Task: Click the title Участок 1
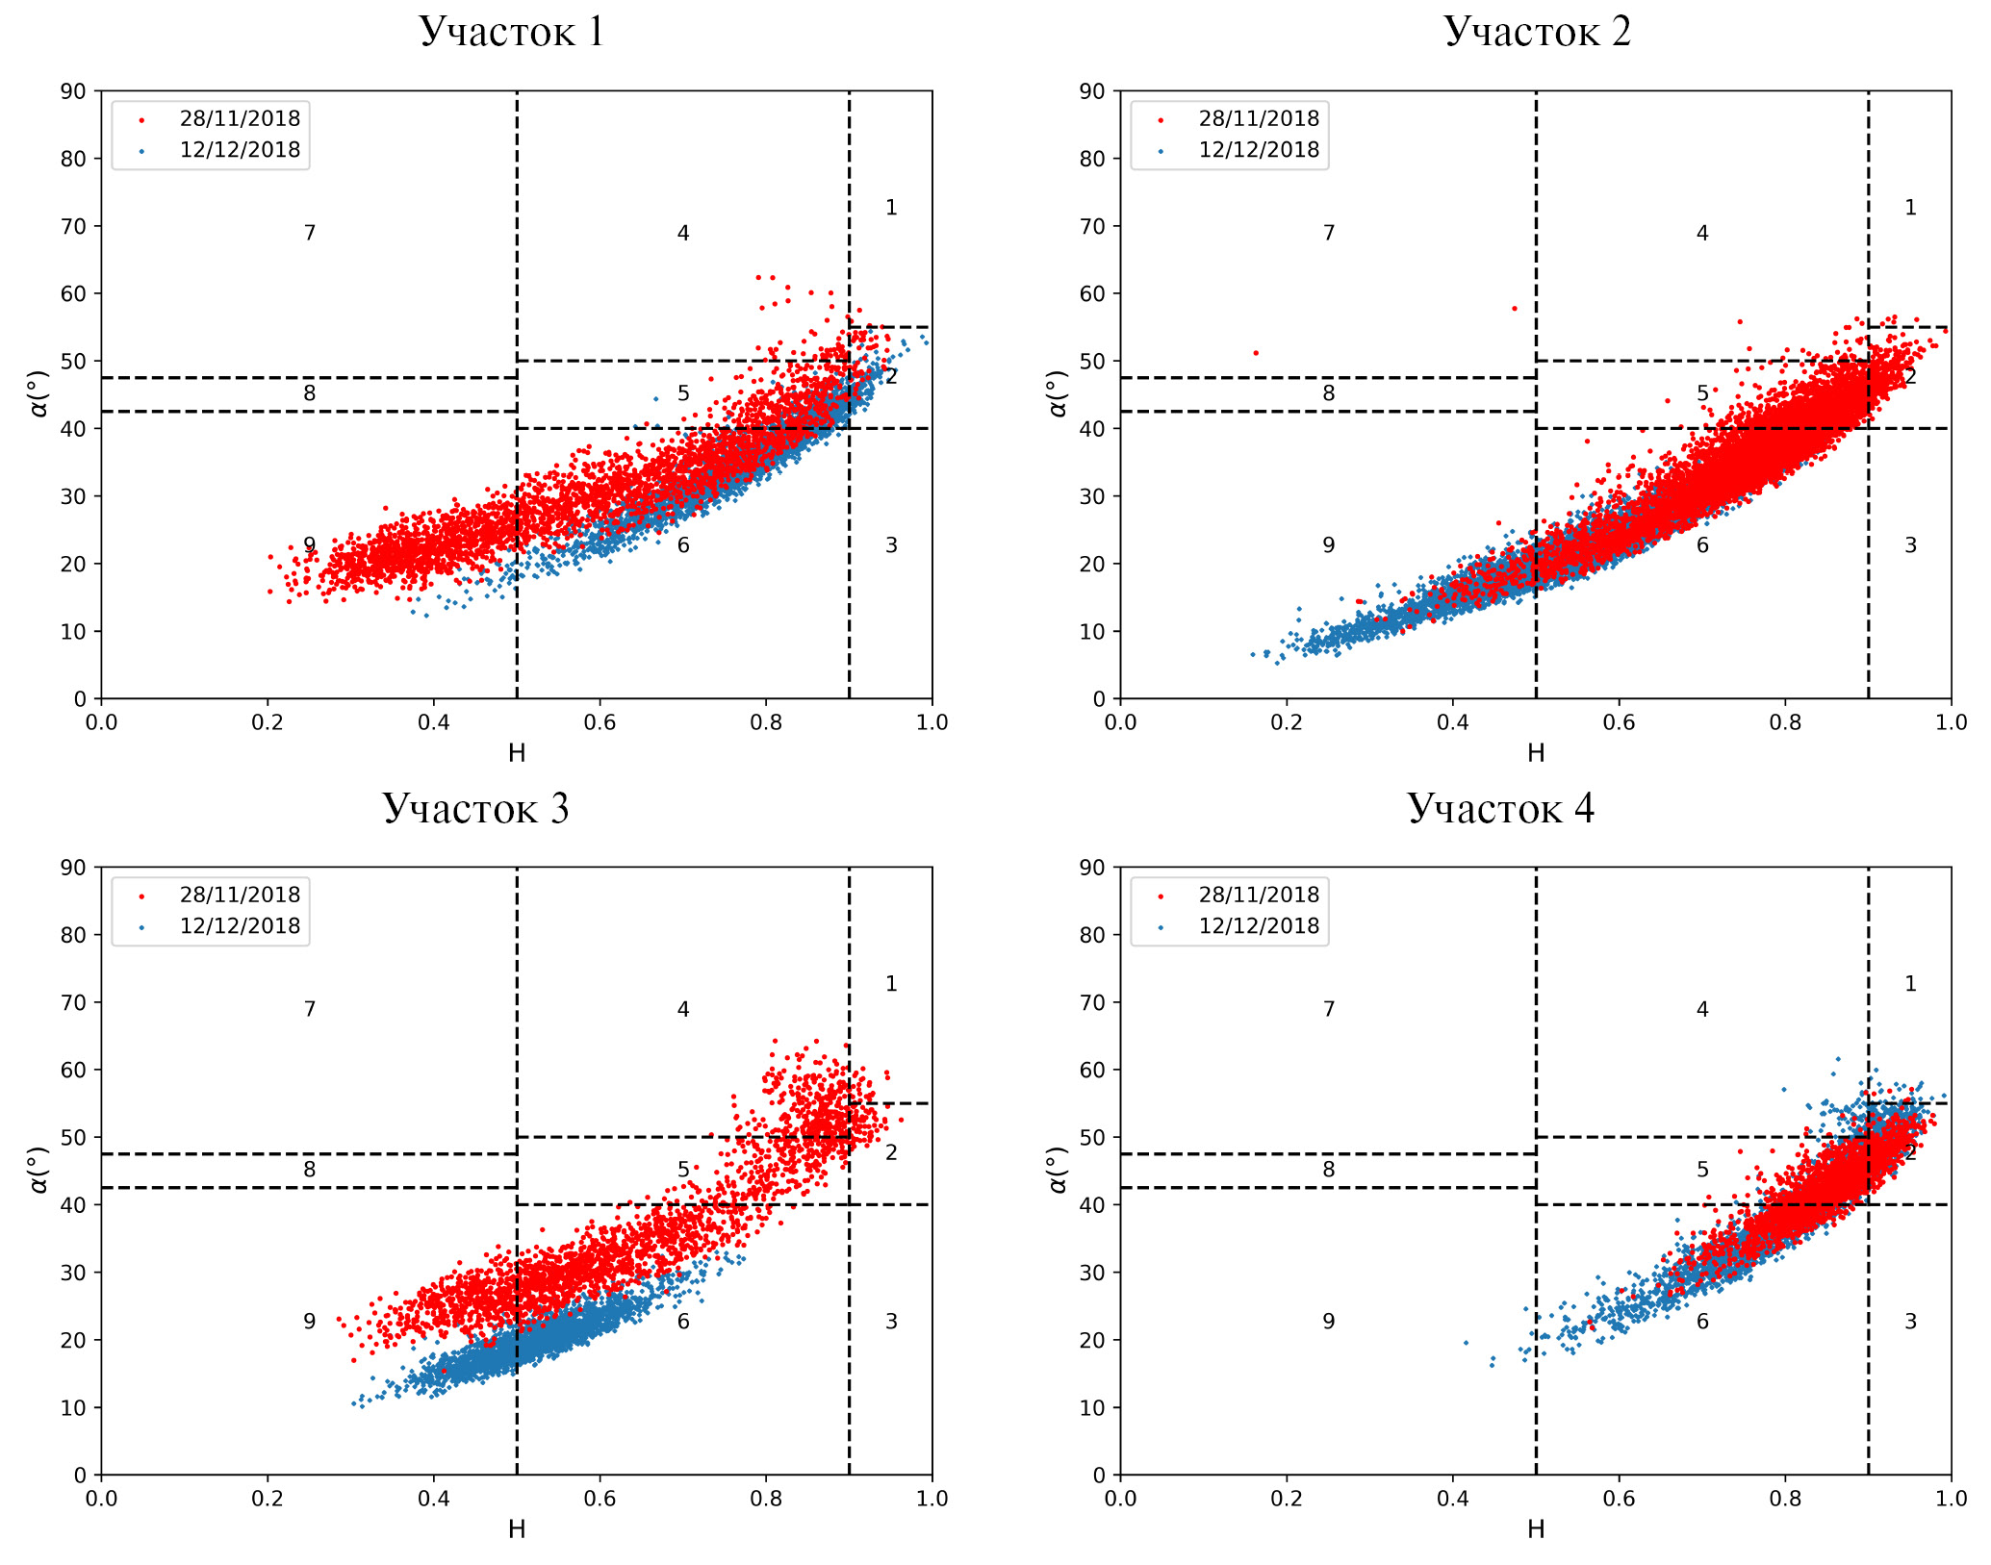point(511,32)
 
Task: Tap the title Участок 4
point(1500,808)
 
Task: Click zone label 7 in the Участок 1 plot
point(310,233)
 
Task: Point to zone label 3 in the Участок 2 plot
point(1910,545)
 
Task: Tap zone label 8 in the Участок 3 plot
point(310,1170)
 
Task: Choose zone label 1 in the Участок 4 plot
point(1910,984)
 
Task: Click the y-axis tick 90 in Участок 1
point(73,91)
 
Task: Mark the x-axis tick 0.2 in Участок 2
point(1287,721)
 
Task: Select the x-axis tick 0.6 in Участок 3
point(600,1499)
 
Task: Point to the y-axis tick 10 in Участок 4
point(1092,1407)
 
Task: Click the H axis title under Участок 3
point(517,1528)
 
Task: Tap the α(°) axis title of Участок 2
point(1058,393)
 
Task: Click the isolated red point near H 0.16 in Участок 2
point(1255,353)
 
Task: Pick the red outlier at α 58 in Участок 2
point(1514,309)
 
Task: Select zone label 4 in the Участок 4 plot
point(1702,1009)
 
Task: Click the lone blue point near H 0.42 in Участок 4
point(1466,1343)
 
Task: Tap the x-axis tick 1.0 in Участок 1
point(932,721)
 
